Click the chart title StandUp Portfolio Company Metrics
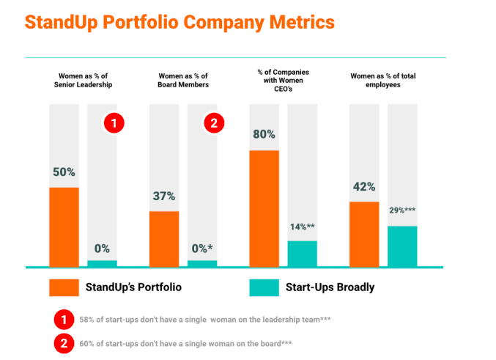click(x=179, y=21)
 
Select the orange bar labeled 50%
click(x=64, y=227)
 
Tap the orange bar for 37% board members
click(x=164, y=238)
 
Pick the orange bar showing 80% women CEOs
click(x=264, y=208)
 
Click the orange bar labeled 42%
click(x=364, y=234)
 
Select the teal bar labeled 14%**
click(x=302, y=253)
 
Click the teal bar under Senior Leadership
click(x=102, y=262)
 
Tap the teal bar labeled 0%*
click(x=202, y=262)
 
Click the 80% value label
click(x=264, y=134)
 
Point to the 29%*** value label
click(x=402, y=210)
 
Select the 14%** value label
click(x=302, y=227)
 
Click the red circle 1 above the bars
click(x=114, y=123)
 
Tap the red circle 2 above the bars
click(x=213, y=123)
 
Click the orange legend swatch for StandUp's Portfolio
click(x=64, y=287)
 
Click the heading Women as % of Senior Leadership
click(x=84, y=80)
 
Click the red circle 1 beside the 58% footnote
click(x=64, y=319)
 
